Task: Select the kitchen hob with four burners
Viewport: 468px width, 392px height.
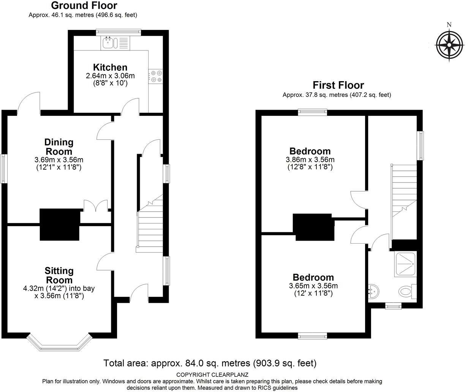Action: (156, 76)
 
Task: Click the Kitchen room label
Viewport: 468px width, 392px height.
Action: (110, 68)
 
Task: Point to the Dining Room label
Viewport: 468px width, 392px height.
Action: (59, 146)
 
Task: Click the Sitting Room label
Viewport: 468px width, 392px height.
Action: (59, 275)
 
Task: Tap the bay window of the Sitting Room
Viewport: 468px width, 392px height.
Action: (59, 343)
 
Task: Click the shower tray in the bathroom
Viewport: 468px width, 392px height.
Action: (406, 264)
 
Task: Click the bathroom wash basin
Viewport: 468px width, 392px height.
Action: (373, 291)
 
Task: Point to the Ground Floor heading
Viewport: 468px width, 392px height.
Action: (84, 6)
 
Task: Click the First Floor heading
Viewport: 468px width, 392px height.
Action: (338, 85)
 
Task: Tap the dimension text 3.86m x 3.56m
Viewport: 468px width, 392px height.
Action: (310, 160)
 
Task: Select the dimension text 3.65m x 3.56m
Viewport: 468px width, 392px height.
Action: (313, 286)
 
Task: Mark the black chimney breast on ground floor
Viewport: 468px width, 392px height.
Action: (60, 224)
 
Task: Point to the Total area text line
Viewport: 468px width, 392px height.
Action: (210, 363)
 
